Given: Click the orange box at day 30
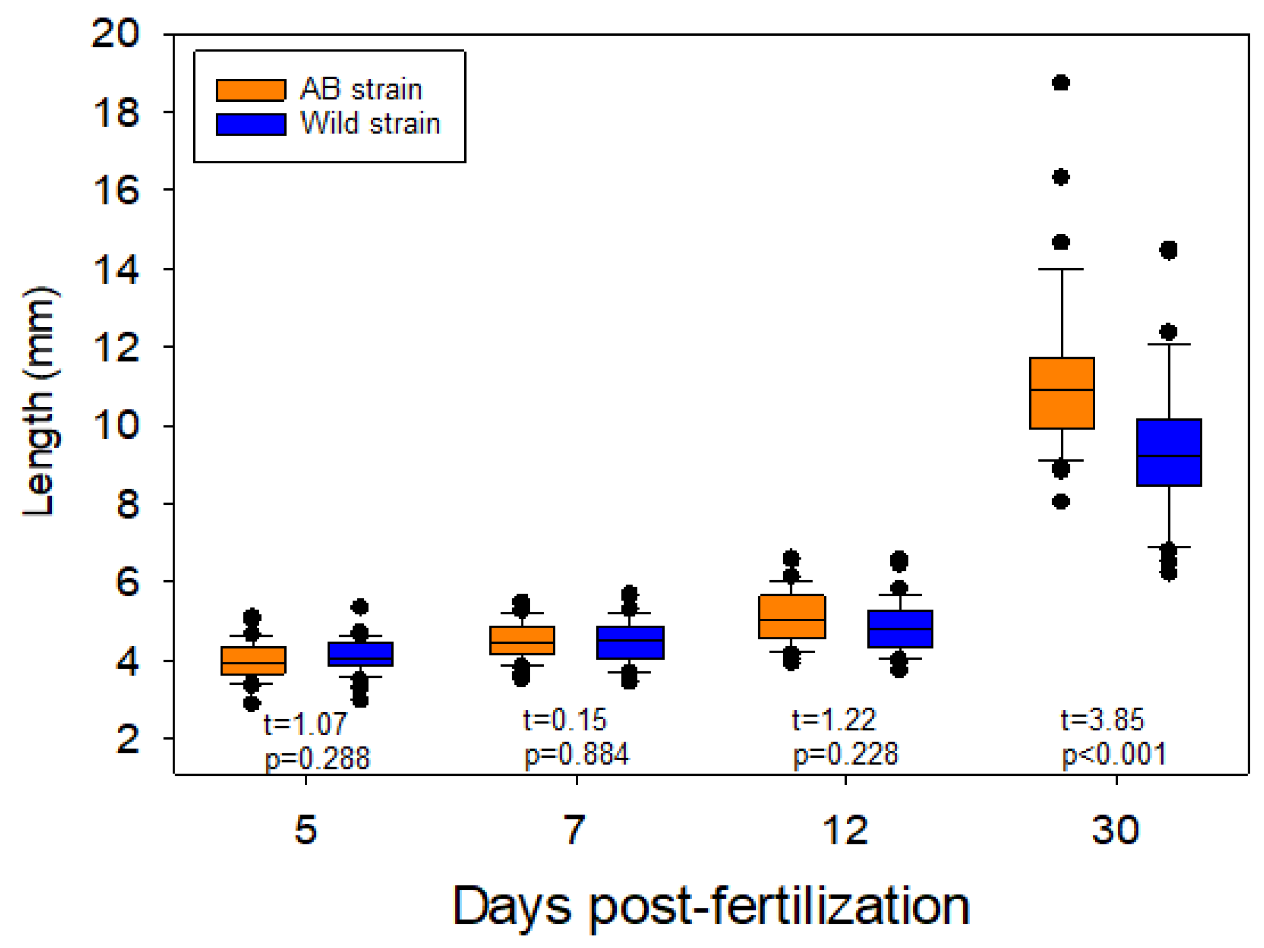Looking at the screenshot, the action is point(1061,393).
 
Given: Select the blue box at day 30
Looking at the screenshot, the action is point(1169,452).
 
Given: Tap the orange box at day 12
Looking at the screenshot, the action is point(792,616).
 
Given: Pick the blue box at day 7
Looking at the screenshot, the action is point(630,642).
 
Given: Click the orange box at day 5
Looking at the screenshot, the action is point(253,660).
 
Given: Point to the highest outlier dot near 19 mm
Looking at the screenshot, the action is point(1061,83).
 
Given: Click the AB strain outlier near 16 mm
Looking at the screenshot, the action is point(1061,177).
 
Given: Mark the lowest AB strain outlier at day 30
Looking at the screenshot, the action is point(1061,502).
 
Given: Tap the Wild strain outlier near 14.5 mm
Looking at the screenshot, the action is point(1169,250).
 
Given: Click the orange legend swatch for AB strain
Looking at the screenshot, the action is point(251,90).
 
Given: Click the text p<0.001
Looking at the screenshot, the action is point(1114,755).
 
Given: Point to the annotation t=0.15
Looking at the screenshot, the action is point(564,720).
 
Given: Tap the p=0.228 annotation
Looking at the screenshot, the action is point(846,755).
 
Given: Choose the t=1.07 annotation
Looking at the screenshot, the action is point(305,724).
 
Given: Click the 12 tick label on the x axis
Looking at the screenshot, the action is point(845,830).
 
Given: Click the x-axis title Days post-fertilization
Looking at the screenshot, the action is point(711,907).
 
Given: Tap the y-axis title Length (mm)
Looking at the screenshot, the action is point(40,401).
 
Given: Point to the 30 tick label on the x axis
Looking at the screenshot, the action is point(1115,830).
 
